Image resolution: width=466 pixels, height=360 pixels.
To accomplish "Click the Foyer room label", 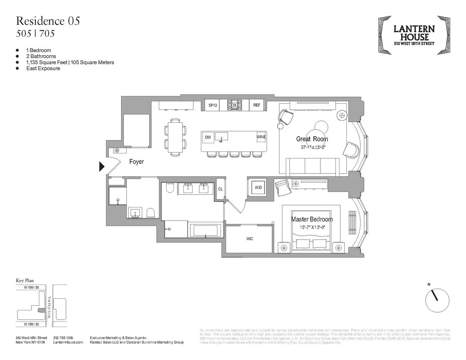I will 136,162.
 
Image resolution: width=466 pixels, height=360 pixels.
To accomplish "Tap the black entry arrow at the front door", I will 102,167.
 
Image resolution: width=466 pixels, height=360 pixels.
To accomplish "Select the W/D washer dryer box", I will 258,188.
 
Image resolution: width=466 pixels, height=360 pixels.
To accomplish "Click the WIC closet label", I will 249,238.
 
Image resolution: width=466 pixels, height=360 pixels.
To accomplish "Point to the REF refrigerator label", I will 257,105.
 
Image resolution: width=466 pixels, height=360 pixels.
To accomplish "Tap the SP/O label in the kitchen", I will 212,105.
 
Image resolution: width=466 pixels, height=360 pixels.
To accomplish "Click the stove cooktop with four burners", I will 235,105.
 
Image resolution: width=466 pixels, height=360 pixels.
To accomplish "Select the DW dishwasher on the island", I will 208,137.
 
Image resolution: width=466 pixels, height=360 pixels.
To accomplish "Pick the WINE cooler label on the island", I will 261,137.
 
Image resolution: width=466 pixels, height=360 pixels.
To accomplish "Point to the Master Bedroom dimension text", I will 312,227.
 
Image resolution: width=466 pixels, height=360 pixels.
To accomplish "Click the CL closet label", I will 220,189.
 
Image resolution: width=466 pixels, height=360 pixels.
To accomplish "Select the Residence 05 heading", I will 48,21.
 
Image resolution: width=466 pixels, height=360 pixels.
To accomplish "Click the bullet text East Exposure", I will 43,68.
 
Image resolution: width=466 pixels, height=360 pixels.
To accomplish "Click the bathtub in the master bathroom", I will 205,230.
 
